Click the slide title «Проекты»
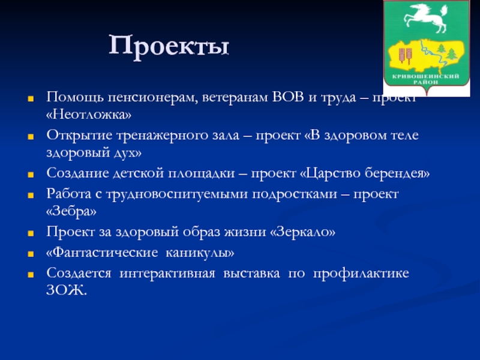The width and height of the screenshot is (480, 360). pos(169,47)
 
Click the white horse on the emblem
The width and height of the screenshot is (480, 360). pos(425,18)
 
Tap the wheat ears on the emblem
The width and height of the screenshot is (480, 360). pos(405,55)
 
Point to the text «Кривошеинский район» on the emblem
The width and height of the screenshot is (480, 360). pos(425,79)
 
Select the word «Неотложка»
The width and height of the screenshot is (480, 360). pos(89,115)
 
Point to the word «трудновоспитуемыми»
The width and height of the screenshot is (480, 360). pos(176,194)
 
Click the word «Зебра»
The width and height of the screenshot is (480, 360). pos(71,212)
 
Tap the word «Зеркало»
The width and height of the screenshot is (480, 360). pos(302,232)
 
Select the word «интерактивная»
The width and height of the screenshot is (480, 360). pos(167,274)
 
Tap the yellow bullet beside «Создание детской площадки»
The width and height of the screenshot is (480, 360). pos(31,175)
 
